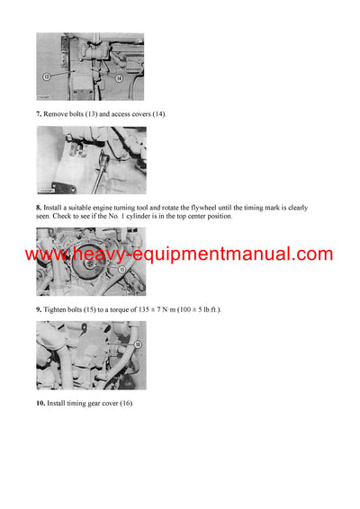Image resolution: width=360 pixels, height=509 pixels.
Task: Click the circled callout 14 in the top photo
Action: (x=119, y=79)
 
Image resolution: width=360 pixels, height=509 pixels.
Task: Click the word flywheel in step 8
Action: (x=201, y=208)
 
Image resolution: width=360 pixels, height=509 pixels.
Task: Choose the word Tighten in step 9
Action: (x=58, y=309)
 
